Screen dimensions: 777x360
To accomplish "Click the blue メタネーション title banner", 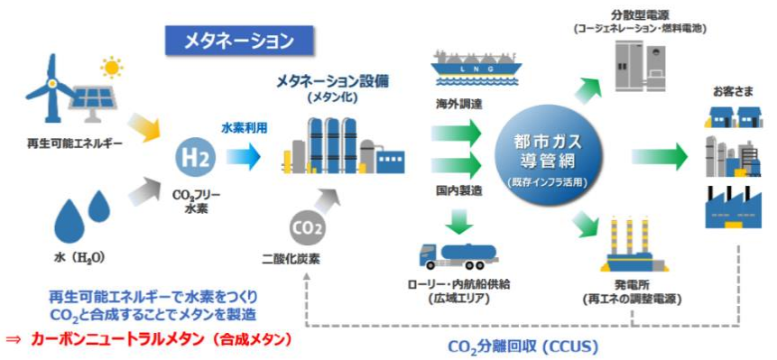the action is (239, 40).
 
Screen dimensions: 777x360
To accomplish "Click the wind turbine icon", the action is (51, 88).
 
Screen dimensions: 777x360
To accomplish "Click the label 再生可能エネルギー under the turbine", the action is (75, 144).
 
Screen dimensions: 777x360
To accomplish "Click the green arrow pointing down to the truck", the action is (458, 220).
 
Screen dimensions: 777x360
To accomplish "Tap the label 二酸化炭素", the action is (292, 258).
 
